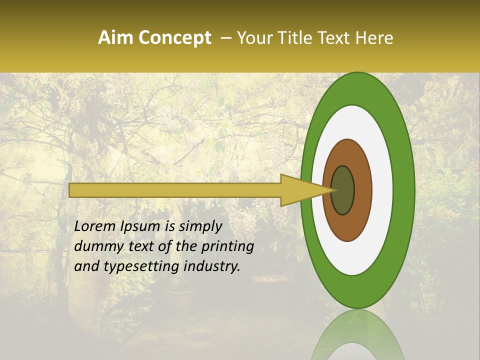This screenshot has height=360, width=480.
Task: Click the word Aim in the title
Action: click(115, 38)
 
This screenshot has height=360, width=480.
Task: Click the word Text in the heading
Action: click(336, 38)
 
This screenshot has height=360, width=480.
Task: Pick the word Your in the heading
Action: click(258, 38)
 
